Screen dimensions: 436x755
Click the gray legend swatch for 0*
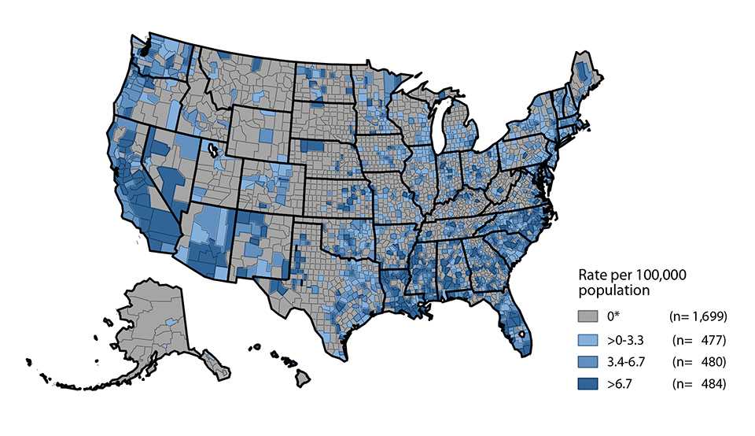point(587,316)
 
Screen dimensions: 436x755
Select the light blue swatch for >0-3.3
point(587,340)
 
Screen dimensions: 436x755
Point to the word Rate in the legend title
point(592,275)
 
